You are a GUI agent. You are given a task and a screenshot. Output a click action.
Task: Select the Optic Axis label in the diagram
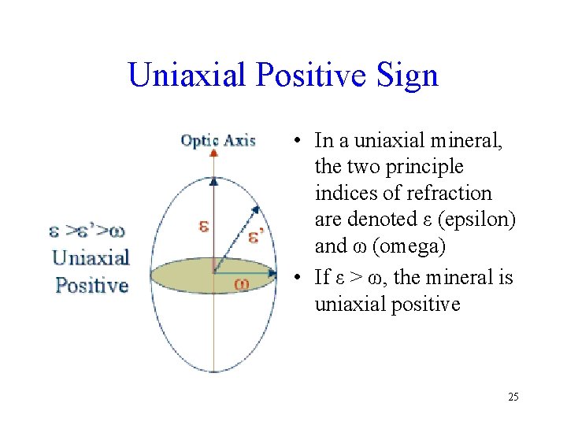[218, 140]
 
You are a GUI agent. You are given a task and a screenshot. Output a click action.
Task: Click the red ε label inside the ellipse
[203, 226]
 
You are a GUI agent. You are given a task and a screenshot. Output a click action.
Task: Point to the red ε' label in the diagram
[256, 236]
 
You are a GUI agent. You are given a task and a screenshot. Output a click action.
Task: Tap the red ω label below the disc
[242, 283]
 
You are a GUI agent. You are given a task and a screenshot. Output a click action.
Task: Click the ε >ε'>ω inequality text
[87, 231]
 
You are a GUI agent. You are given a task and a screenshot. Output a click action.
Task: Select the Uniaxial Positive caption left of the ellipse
[91, 272]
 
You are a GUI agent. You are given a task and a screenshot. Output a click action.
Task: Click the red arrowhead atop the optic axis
[213, 152]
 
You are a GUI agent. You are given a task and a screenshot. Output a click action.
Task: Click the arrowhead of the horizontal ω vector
[272, 274]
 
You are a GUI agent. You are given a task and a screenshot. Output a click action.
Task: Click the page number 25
[513, 397]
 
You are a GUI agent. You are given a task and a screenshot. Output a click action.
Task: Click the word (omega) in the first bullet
[409, 246]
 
